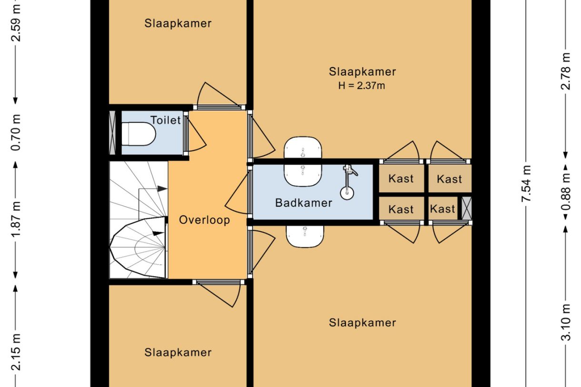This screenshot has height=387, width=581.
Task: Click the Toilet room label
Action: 166,120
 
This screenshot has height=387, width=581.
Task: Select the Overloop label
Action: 204,220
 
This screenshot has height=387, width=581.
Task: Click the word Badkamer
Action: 303,203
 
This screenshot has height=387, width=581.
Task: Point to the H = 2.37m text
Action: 362,86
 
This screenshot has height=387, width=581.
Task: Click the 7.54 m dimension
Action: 526,184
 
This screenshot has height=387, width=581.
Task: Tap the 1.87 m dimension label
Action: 16,219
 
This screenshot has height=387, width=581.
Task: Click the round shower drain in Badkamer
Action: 347,192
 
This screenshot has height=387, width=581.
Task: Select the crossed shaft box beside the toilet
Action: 113,132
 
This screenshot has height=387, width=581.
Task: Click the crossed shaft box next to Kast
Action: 466,208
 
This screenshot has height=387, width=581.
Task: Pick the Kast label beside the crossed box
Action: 442,209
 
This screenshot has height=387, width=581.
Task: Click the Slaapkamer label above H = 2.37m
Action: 362,71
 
